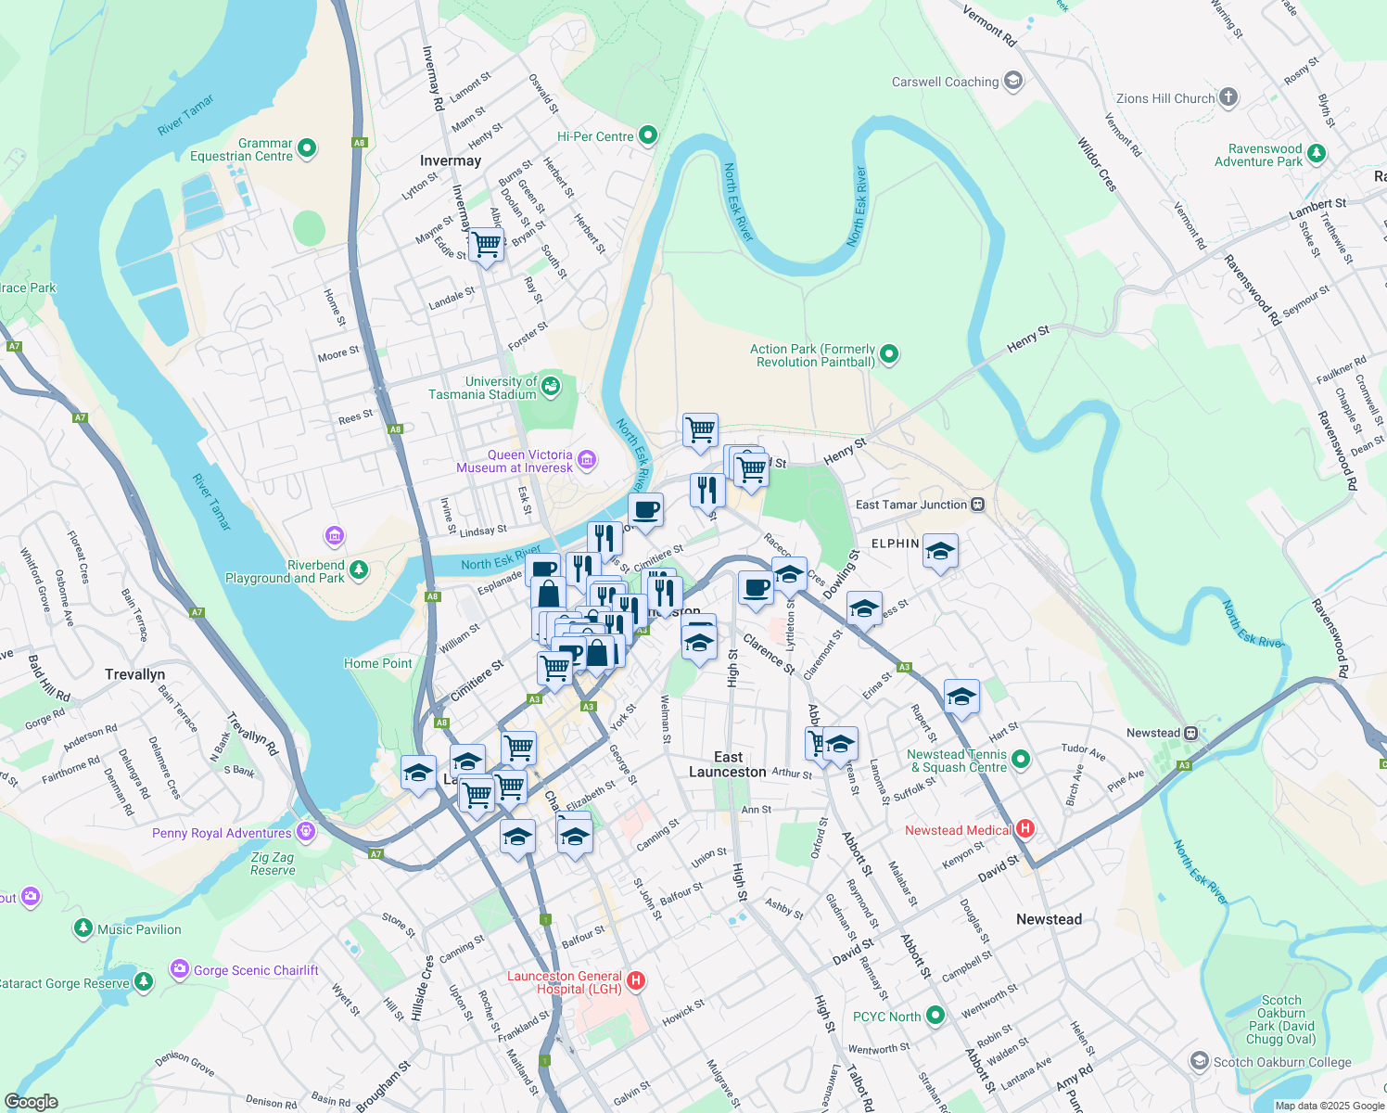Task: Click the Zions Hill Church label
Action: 1165,98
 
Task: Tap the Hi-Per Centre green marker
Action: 648,135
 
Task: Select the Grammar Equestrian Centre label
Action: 241,149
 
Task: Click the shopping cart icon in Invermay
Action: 486,245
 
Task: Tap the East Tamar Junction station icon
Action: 977,505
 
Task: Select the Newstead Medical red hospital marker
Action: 1024,828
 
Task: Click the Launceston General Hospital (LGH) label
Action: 564,982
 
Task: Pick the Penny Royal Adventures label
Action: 222,833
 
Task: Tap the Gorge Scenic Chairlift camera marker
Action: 179,969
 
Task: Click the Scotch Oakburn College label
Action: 1282,1062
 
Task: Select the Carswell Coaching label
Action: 945,82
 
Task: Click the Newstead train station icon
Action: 1191,733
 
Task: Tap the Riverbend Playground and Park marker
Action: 359,569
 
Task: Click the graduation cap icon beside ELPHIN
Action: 940,551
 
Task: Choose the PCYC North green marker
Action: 935,1016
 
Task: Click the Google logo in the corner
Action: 31,1102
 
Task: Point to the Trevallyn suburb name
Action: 135,674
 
